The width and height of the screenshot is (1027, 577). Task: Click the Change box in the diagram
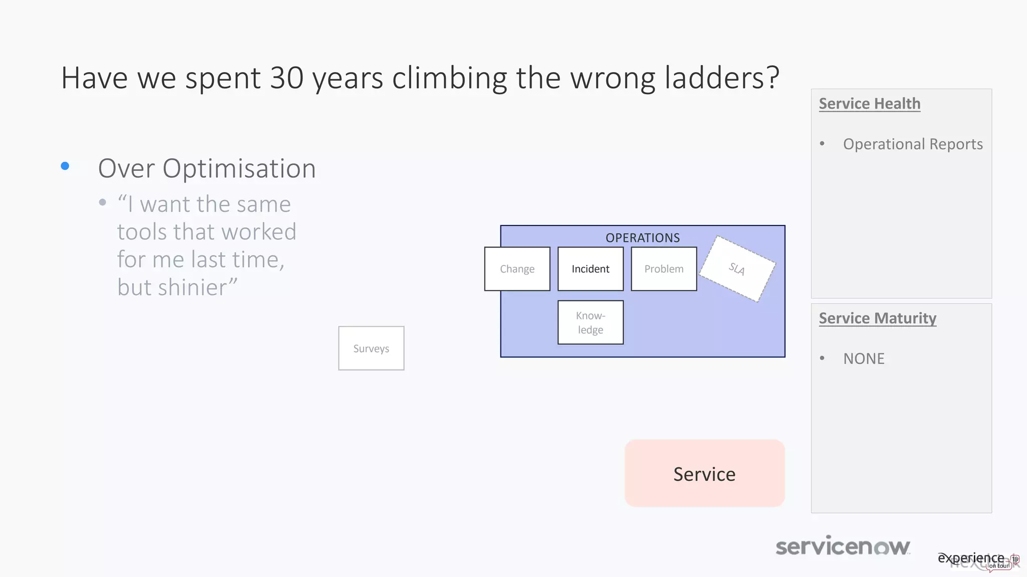tap(517, 269)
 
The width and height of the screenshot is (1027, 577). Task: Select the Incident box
tap(590, 269)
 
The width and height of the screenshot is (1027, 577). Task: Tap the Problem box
tap(663, 269)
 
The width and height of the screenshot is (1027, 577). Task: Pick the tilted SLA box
tap(737, 269)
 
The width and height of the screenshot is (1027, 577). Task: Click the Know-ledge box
tap(590, 323)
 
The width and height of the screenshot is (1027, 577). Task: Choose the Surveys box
tap(371, 349)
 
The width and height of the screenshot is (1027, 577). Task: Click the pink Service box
tap(705, 474)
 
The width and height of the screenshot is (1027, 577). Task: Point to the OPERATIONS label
tap(642, 238)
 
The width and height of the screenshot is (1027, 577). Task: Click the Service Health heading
tap(870, 104)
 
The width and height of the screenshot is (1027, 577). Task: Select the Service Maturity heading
tap(878, 319)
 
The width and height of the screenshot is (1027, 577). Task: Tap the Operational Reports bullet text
tap(913, 144)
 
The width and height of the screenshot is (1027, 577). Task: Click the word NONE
tap(864, 359)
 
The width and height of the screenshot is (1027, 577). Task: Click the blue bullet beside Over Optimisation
tap(65, 166)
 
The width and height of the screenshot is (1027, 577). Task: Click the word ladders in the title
tap(716, 78)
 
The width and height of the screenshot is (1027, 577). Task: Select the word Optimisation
tap(239, 169)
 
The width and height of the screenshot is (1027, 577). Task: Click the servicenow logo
tap(842, 546)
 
